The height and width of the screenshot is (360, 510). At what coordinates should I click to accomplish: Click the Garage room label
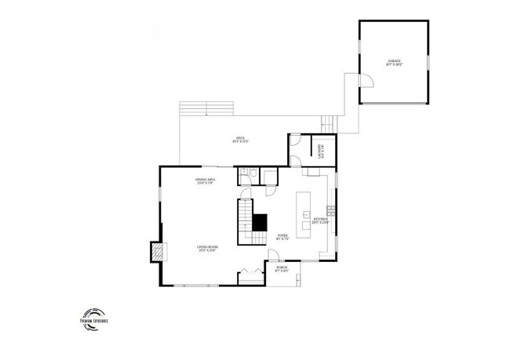point(393,63)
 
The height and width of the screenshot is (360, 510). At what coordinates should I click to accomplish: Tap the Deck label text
point(240,140)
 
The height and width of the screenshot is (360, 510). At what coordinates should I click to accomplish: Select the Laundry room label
point(320,148)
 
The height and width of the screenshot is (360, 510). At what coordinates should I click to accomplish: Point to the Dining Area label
point(206,181)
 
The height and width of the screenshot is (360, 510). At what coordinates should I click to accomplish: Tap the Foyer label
point(283,238)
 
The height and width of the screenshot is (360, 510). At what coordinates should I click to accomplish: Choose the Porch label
point(281,269)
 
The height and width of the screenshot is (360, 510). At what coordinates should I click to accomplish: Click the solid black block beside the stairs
point(260,222)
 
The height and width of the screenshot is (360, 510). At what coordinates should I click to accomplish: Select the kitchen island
point(302,212)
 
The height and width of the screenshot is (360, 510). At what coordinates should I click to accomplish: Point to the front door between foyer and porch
point(275,256)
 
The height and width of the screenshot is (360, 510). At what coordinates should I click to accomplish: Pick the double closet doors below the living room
point(250,274)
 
